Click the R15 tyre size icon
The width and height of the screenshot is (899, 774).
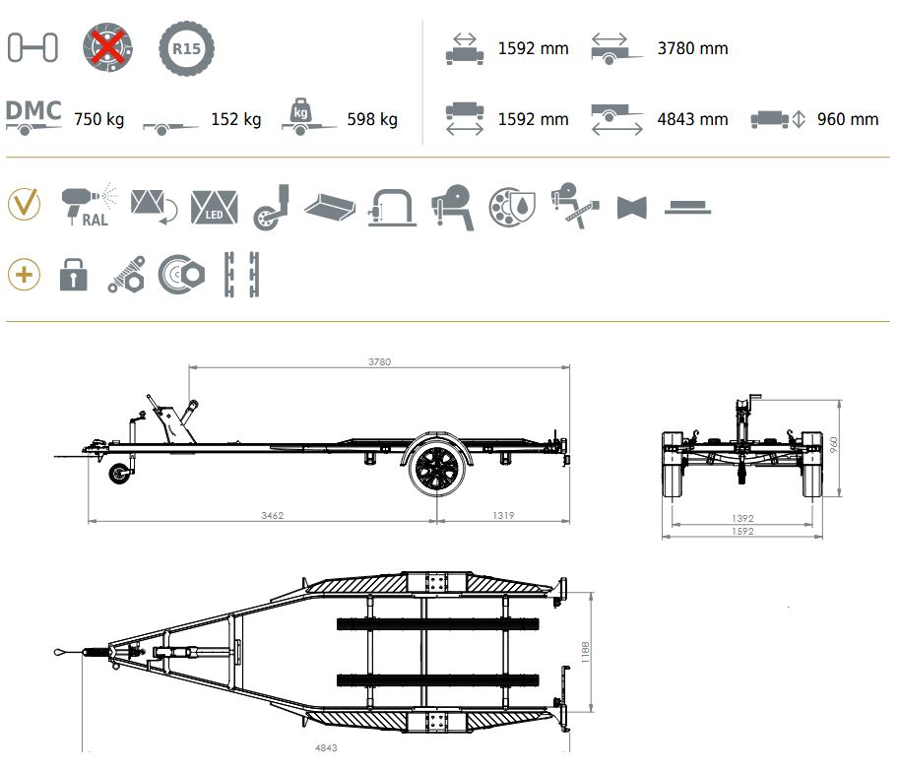click(x=186, y=48)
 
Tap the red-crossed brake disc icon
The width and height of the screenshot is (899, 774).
click(x=107, y=47)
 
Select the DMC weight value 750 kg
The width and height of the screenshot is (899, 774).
click(x=98, y=119)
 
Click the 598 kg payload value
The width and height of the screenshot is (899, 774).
click(x=372, y=119)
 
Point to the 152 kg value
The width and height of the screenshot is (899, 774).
click(x=235, y=119)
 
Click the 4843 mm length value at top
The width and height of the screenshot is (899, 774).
click(x=692, y=119)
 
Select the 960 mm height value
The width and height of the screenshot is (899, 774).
click(x=848, y=119)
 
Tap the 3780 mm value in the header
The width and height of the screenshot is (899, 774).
click(x=692, y=48)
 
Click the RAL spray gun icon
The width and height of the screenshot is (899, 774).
click(x=90, y=205)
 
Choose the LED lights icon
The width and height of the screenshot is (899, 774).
click(x=214, y=207)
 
